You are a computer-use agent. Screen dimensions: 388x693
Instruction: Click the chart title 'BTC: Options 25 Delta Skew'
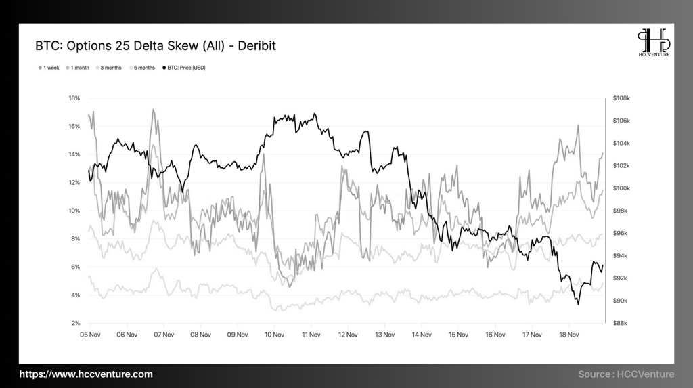point(156,46)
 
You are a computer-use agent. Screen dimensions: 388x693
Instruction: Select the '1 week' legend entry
point(49,68)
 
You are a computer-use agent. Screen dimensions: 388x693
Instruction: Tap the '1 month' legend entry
point(78,68)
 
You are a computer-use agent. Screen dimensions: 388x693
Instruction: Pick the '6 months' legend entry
point(142,68)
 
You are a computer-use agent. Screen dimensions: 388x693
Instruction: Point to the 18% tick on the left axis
point(74,98)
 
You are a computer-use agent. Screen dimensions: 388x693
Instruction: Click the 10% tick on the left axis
point(74,211)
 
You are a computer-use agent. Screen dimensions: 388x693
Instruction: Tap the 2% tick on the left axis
point(76,323)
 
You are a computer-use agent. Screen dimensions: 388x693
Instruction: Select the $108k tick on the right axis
point(621,98)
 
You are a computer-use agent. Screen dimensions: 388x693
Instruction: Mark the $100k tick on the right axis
point(621,188)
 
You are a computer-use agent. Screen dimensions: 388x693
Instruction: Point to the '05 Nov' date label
point(90,335)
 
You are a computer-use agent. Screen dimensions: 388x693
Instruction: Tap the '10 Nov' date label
point(274,335)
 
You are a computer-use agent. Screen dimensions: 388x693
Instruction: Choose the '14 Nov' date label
point(422,335)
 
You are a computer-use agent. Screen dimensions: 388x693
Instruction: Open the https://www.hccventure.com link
point(86,374)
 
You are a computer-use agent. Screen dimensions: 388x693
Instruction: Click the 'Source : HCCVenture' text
point(626,374)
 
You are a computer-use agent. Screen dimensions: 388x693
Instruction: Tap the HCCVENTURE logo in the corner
point(653,42)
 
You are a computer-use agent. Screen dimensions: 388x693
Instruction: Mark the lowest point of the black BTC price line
point(578,304)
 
